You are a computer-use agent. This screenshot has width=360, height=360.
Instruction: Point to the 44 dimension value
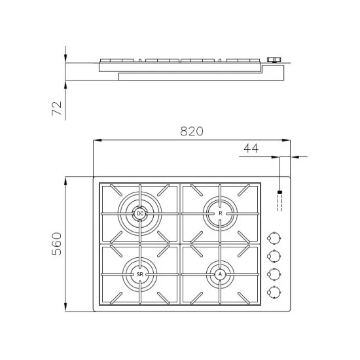[251, 149]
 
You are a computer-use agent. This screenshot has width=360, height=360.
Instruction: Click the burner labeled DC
[139, 213]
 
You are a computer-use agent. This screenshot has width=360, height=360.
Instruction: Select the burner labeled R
[221, 213]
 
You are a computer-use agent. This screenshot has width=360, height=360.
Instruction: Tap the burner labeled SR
[139, 274]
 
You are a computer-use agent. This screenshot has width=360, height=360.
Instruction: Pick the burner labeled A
[221, 274]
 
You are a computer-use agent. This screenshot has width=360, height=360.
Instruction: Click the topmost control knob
[276, 237]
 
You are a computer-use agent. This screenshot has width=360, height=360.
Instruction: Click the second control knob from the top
[276, 255]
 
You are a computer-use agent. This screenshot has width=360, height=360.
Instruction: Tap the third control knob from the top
[276, 274]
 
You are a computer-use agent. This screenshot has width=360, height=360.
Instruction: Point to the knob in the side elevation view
[275, 60]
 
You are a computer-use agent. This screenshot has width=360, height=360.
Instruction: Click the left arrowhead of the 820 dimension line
[97, 139]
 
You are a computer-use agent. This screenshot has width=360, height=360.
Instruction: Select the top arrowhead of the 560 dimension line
[67, 180]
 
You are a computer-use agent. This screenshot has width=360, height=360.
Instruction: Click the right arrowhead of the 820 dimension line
[287, 139]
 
